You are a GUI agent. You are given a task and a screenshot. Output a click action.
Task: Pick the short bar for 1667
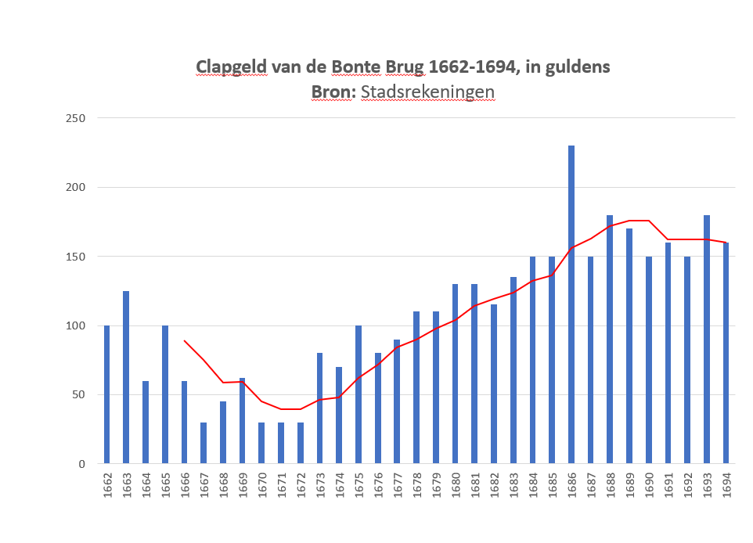point(204,443)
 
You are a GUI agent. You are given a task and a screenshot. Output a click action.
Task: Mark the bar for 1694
point(726,353)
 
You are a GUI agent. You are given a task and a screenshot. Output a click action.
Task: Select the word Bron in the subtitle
point(332,92)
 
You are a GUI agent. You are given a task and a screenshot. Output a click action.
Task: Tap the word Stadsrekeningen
point(427,92)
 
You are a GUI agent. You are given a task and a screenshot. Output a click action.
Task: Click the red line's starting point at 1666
point(185,340)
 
